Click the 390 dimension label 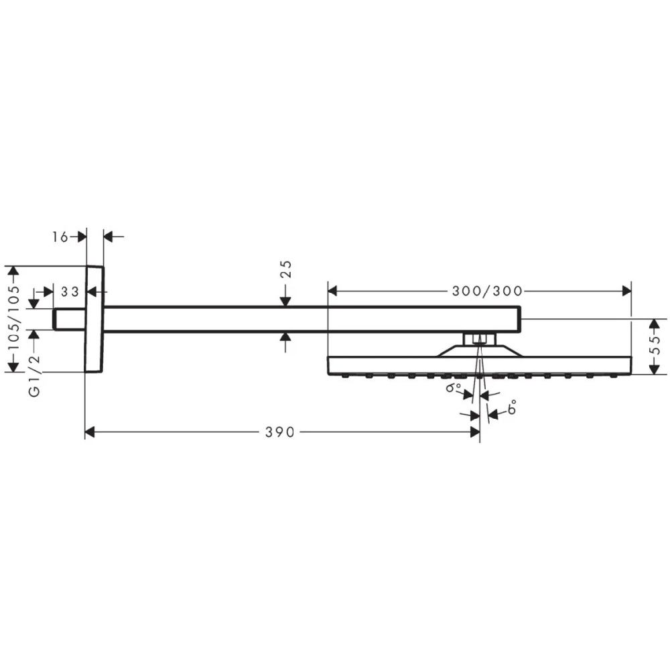(280, 432)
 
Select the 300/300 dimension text (487, 291)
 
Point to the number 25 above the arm (286, 269)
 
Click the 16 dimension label (60, 237)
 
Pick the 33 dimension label (70, 292)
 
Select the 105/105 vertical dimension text (14, 317)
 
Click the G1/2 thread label (34, 375)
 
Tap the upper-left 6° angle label (454, 387)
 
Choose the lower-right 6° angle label (512, 407)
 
